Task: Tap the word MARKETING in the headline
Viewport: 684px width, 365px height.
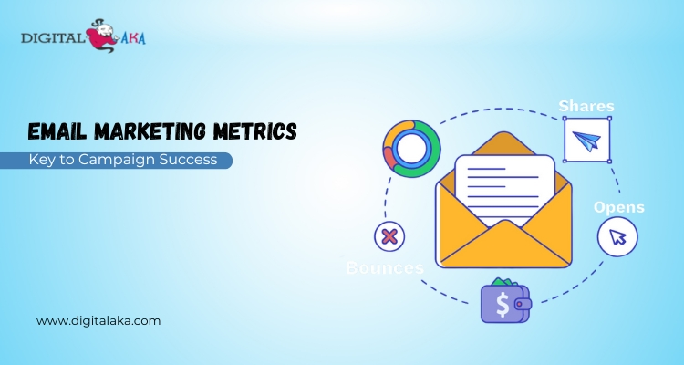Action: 150,131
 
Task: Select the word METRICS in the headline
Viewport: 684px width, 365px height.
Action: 255,131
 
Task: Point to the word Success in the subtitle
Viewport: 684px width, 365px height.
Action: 188,160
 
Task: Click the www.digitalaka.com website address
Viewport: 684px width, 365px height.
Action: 98,321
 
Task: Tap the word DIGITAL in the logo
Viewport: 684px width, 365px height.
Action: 53,38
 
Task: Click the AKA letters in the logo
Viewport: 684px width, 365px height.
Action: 133,38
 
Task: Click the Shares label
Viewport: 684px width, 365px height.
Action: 586,106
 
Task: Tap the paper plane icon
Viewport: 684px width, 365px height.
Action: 586,141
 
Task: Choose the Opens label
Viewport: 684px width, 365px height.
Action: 619,207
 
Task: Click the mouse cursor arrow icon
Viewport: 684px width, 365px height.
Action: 617,237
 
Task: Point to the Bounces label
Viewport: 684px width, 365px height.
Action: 385,267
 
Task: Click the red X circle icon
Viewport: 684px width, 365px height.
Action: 389,236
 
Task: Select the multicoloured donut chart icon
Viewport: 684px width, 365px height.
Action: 412,149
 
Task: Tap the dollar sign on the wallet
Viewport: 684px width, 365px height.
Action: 503,304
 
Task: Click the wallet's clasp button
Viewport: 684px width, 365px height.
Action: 520,304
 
